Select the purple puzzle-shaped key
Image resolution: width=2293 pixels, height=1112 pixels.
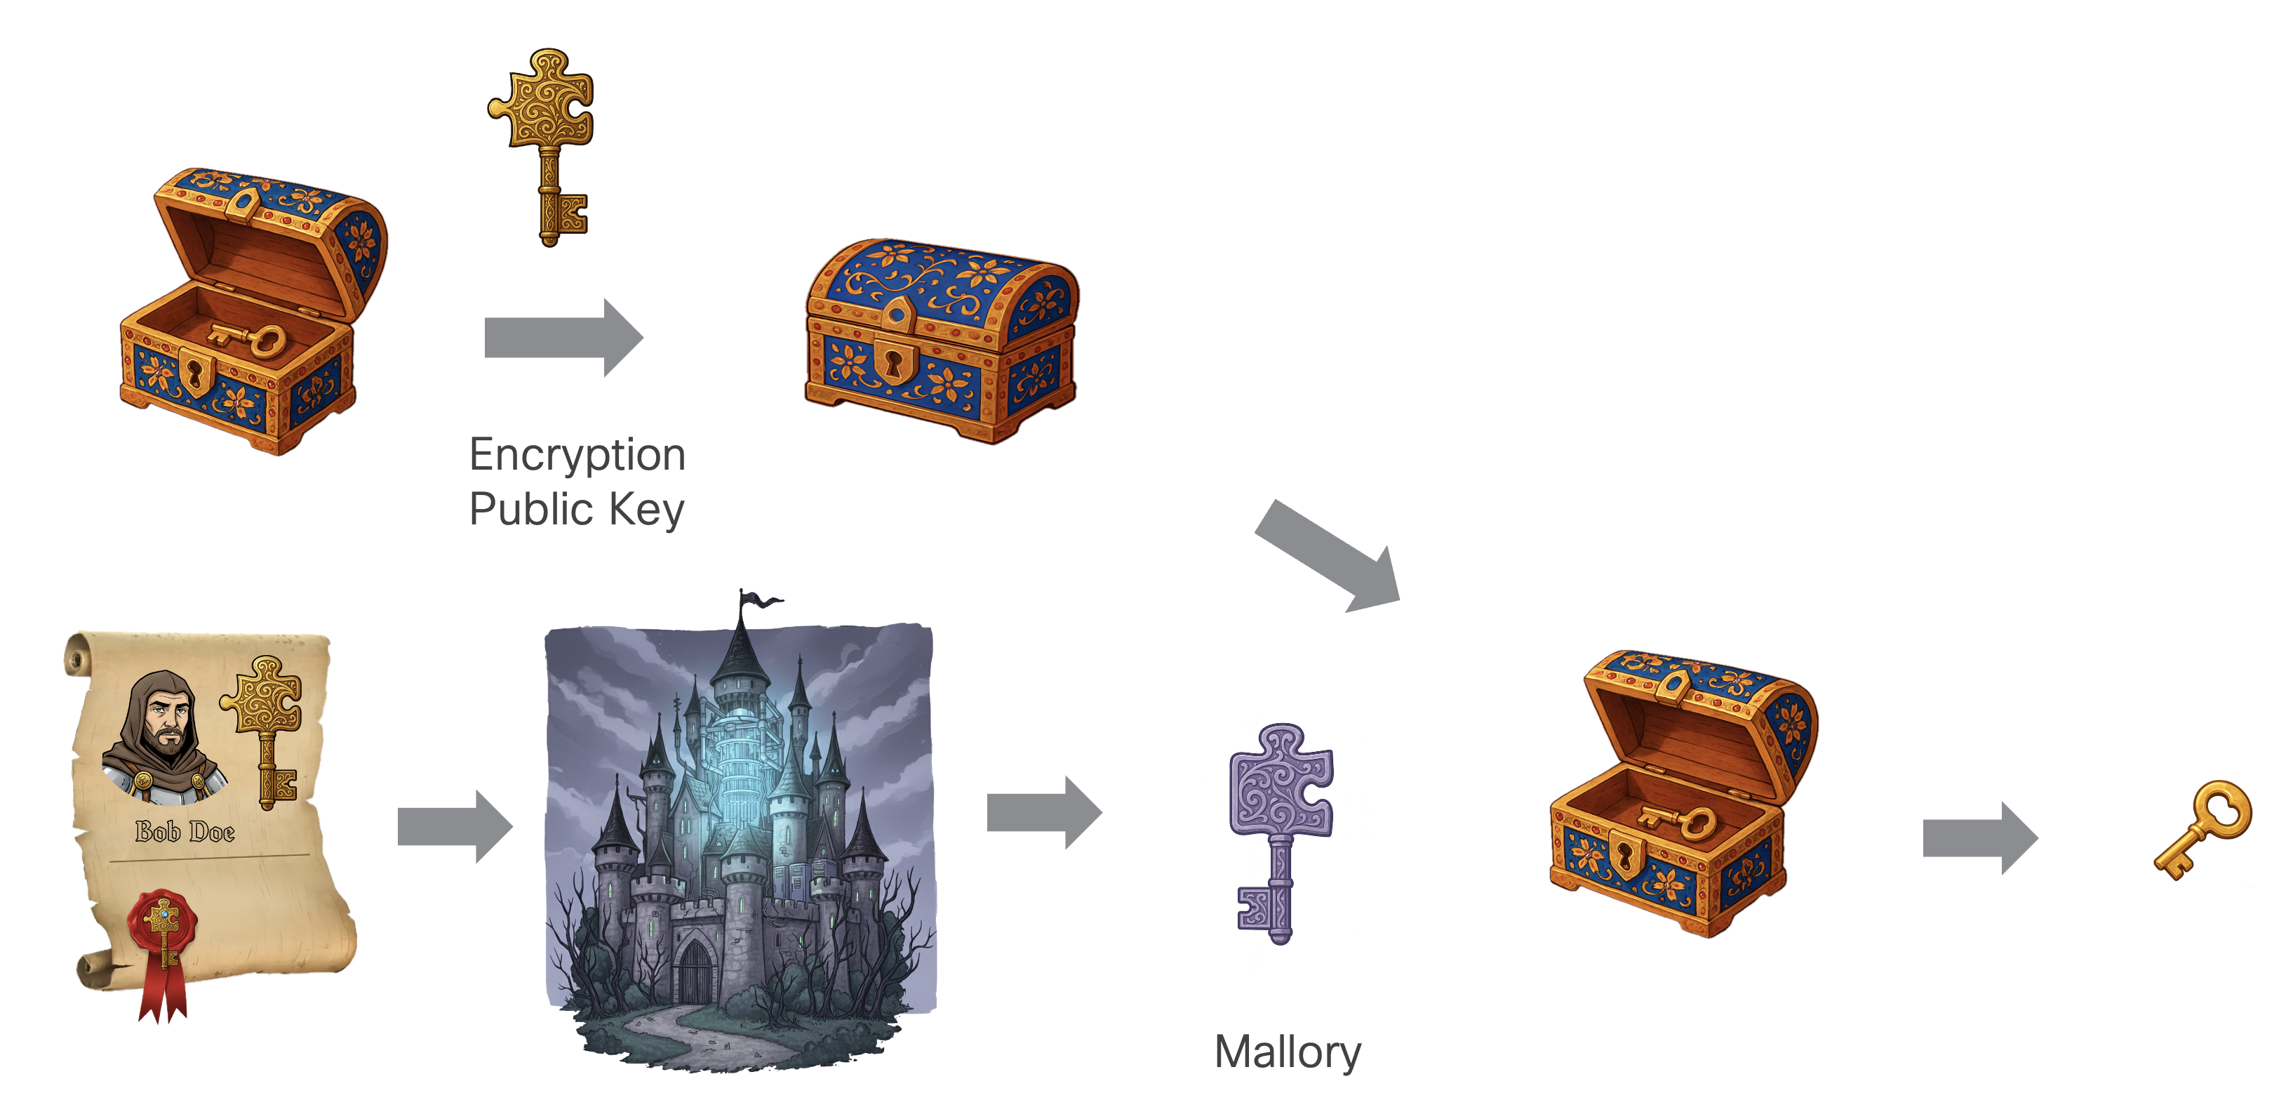tap(1281, 833)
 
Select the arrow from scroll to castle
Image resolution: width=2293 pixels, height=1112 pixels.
tap(455, 826)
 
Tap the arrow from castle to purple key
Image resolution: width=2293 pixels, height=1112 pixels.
tap(1044, 812)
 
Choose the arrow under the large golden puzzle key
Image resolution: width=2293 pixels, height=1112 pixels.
tap(563, 338)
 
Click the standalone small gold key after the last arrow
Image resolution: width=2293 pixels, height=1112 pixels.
tap(2202, 830)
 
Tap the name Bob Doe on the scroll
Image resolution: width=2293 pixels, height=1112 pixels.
tap(185, 832)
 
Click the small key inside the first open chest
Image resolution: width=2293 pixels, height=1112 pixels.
tap(248, 339)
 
